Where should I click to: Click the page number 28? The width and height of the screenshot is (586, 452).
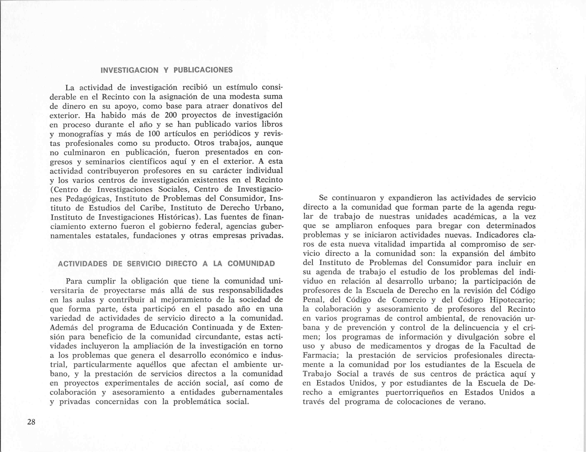[x=31, y=422]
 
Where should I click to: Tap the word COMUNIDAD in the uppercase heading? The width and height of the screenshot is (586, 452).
[x=251, y=264]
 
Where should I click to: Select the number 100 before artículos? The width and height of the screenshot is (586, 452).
[x=154, y=134]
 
